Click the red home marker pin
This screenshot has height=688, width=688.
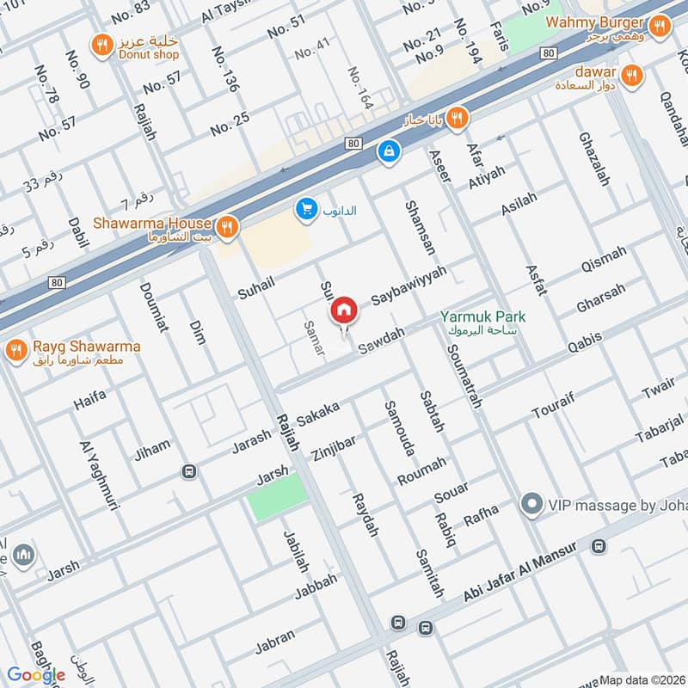[344, 310]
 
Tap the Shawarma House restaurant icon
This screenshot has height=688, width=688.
[226, 227]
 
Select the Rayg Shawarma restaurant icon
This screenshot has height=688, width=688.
[15, 351]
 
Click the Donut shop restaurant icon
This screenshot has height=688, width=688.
[102, 44]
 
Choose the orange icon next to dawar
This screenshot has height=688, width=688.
[632, 76]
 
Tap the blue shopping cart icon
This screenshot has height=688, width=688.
[305, 208]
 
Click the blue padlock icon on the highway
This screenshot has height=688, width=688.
[390, 150]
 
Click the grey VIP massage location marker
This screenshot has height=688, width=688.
[532, 505]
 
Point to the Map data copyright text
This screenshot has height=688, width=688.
[642, 679]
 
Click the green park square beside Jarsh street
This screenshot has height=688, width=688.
[277, 496]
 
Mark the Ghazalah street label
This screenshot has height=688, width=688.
[594, 160]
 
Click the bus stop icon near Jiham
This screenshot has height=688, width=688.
[188, 471]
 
